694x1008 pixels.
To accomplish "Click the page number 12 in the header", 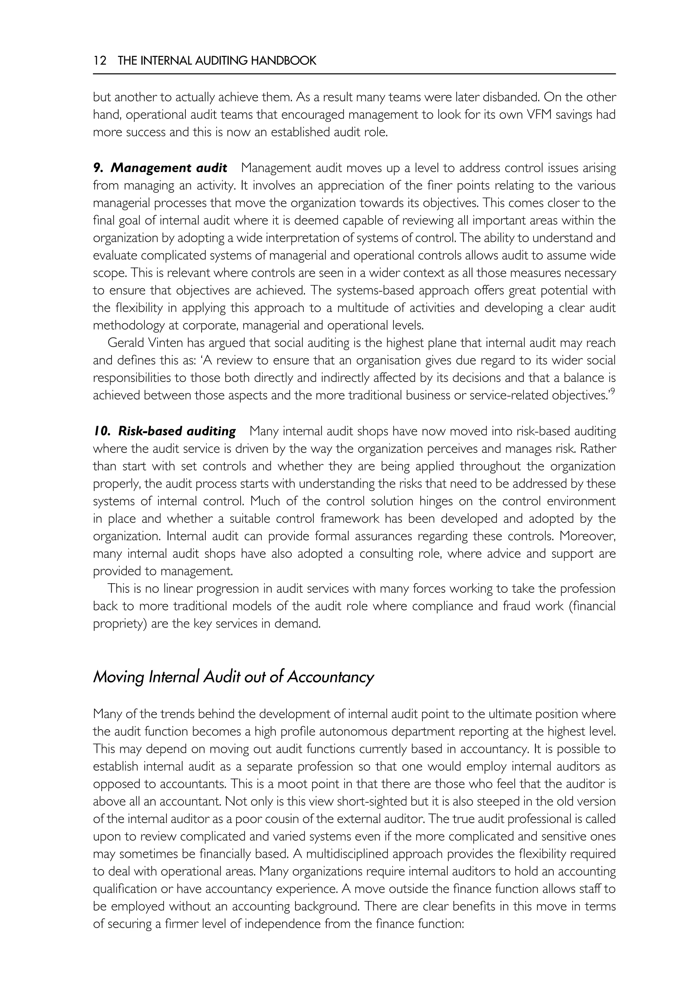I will point(100,60).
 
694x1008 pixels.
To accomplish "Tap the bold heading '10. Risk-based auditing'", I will point(164,431).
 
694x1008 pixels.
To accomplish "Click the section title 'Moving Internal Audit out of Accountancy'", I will point(233,677).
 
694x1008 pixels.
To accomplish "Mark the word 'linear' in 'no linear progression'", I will point(178,589).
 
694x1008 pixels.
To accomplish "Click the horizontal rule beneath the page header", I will point(354,74).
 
